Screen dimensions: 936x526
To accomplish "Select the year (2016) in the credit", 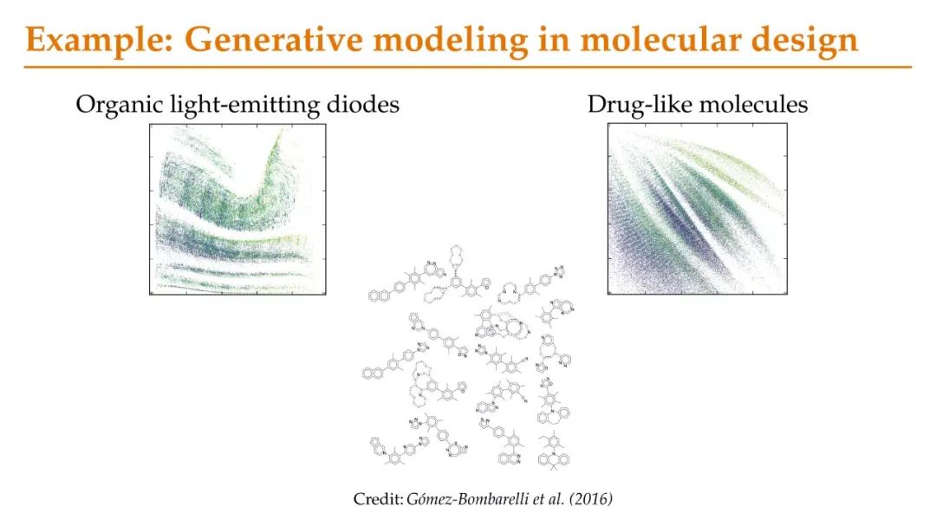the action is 591,498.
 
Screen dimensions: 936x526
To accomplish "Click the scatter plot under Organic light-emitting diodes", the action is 237,210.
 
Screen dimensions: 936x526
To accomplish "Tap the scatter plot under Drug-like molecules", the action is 697,209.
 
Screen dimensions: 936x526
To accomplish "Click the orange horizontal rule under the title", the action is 468,67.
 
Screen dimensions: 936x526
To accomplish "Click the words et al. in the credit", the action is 549,498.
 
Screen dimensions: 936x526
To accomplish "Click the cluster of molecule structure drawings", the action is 469,357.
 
